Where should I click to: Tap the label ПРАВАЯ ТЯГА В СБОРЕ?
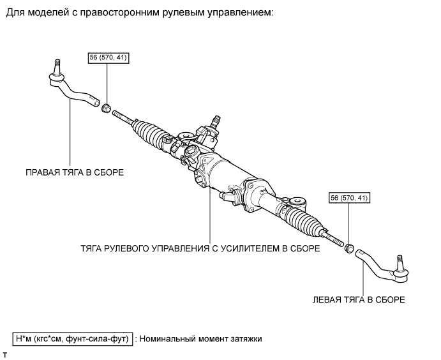(74, 172)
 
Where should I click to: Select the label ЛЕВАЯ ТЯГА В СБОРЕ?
(359, 298)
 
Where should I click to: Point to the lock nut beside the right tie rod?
(107, 105)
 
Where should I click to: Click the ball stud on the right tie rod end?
(56, 66)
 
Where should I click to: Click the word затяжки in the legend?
(244, 338)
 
